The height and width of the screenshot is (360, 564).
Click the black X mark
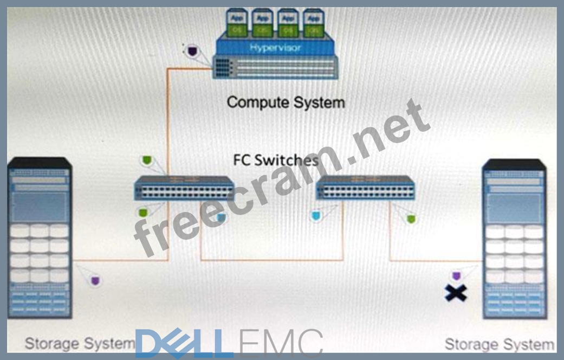tap(456, 293)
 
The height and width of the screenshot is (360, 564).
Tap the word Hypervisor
tap(275, 48)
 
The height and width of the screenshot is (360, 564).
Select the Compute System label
tap(286, 102)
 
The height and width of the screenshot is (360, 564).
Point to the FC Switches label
tap(276, 160)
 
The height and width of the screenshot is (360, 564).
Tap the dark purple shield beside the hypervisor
tap(191, 52)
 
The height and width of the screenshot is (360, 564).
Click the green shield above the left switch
tap(146, 160)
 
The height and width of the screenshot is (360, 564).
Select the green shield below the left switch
tap(142, 212)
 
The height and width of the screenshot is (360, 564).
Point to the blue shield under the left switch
tap(220, 217)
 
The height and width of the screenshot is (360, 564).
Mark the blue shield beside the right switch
tap(315, 216)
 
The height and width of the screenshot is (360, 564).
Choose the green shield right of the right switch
tap(411, 219)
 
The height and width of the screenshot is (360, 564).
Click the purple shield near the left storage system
tap(95, 280)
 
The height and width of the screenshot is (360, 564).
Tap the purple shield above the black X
tap(456, 275)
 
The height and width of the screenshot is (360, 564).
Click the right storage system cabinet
tap(514, 239)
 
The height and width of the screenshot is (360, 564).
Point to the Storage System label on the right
tap(498, 344)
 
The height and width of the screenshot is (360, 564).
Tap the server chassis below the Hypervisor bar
tap(275, 67)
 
